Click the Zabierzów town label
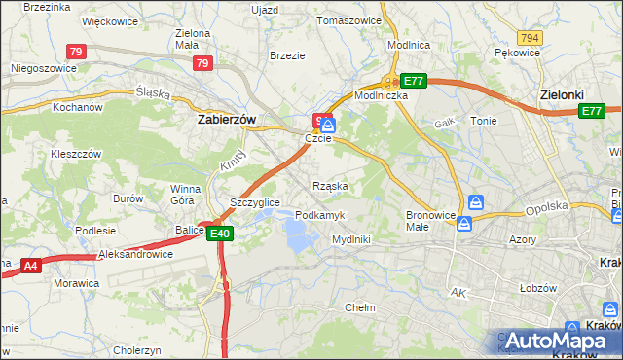point(226,119)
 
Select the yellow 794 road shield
point(530,37)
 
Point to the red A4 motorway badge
point(29,265)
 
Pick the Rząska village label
point(330,185)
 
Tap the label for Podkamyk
point(317,214)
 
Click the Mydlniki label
point(350,238)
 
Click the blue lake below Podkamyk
point(300,233)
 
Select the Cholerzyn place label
point(138,349)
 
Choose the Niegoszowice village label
point(43,68)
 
